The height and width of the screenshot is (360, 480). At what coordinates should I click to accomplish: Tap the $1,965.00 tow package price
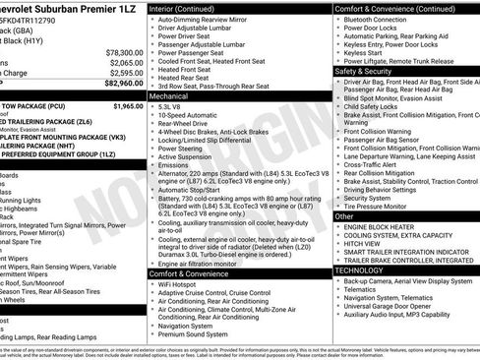(128, 105)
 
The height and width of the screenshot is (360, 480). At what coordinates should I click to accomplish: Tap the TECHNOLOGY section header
(359, 270)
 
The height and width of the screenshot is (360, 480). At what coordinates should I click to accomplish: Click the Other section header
(344, 215)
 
